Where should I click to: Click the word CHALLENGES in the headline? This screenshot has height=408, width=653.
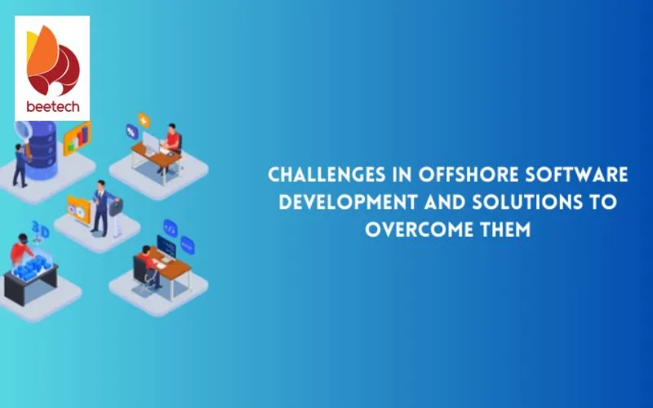point(327,175)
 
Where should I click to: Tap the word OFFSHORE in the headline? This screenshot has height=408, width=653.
point(468,175)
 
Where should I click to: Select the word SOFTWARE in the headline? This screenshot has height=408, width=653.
point(576,175)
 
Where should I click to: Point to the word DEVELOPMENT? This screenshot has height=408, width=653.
point(348,202)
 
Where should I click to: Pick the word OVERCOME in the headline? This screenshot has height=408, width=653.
point(419,229)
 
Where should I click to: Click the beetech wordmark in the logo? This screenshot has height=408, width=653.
point(52,107)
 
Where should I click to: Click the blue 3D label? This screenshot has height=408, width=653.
point(41,229)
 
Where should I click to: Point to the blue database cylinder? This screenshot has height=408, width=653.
point(42,149)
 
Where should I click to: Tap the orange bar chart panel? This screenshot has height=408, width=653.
point(77,139)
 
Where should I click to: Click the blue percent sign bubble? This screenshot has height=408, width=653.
point(131,132)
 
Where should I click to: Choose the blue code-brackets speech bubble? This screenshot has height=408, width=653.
point(170,228)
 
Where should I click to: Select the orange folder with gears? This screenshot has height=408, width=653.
point(78,210)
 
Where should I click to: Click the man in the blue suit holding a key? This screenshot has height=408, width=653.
point(101,208)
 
